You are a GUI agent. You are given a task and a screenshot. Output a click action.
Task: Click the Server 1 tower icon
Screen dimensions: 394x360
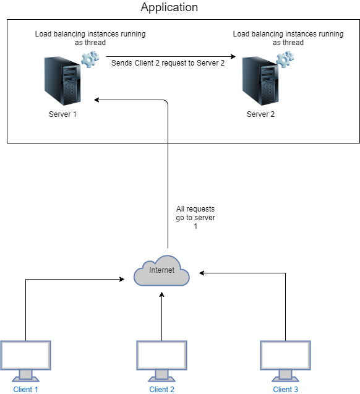(x=62, y=81)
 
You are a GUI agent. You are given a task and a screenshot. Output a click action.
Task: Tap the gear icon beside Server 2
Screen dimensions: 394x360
(x=285, y=60)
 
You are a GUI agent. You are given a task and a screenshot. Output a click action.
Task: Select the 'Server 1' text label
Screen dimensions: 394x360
(x=62, y=114)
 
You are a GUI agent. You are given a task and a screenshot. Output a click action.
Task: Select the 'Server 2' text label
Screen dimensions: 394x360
(x=260, y=114)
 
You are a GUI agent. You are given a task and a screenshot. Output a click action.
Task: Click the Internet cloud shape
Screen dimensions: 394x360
(x=161, y=270)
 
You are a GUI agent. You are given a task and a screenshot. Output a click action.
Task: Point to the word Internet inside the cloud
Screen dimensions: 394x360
(x=161, y=270)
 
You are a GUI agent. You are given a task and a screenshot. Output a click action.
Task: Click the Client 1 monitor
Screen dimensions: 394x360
(x=25, y=356)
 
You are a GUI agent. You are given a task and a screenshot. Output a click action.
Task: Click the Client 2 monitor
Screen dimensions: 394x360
(x=161, y=356)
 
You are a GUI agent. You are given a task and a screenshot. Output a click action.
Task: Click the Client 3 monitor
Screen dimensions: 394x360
(x=285, y=356)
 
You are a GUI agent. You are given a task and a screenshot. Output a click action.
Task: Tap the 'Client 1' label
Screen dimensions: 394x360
(x=25, y=389)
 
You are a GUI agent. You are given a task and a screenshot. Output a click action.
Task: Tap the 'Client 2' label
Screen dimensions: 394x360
(x=161, y=389)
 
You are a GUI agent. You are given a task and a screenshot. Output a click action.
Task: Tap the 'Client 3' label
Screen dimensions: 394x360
(x=285, y=389)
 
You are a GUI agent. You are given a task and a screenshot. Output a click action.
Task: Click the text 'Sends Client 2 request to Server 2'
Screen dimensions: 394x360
(x=168, y=63)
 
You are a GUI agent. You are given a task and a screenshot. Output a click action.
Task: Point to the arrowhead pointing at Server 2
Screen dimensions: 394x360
(x=233, y=56)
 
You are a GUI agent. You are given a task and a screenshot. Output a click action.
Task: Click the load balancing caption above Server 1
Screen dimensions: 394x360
(x=90, y=38)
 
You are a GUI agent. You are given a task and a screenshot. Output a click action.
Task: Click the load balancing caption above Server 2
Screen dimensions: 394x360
(x=288, y=38)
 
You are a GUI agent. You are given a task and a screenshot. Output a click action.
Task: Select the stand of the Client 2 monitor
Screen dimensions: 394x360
(x=161, y=376)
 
